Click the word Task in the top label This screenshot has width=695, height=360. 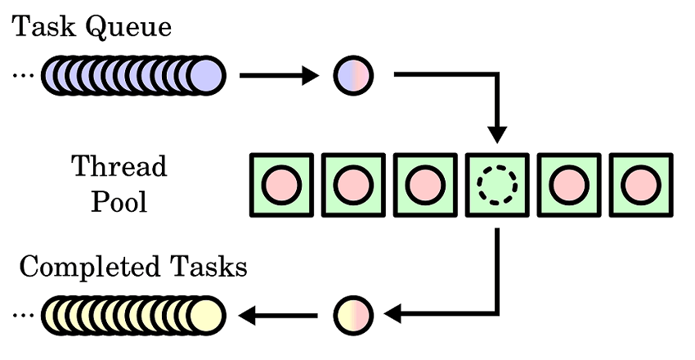tap(42, 27)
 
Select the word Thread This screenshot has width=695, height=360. tap(119, 167)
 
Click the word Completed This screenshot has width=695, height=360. tap(89, 267)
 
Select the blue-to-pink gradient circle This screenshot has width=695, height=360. tap(353, 76)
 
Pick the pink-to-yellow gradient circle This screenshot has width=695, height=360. tap(353, 313)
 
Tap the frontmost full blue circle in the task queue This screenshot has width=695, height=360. tap(205, 76)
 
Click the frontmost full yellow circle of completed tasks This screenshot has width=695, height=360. tap(205, 313)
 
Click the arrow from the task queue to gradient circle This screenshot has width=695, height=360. tap(278, 76)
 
